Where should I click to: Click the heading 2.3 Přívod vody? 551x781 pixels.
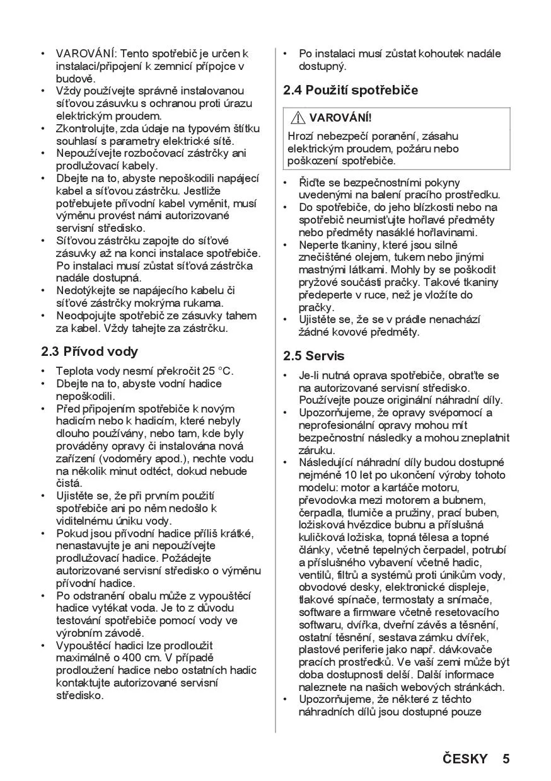(90, 351)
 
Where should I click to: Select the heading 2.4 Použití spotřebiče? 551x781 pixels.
(351, 90)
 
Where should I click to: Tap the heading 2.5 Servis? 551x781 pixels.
(314, 356)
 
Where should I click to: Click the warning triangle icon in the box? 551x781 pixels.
(299, 118)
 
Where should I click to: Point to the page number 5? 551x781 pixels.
(506, 758)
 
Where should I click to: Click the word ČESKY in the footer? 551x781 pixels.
(465, 758)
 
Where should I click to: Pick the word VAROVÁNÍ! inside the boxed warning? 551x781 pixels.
(340, 118)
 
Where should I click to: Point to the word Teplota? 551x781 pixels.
(74, 371)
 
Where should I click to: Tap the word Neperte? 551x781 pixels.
(319, 245)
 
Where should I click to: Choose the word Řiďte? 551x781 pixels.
(313, 183)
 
